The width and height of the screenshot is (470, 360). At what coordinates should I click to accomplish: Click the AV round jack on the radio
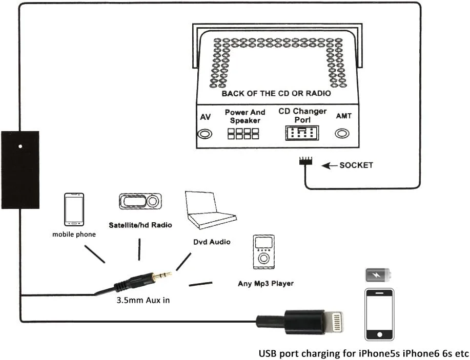pos(205,134)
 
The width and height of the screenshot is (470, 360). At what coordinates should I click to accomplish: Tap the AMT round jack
pos(342,134)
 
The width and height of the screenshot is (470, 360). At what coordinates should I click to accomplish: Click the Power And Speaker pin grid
pos(243,134)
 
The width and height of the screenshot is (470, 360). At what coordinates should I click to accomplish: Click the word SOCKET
pos(356,165)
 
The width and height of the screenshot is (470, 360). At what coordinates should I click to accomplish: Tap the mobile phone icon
pos(74,209)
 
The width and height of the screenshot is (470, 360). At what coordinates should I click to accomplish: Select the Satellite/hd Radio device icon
pos(140,202)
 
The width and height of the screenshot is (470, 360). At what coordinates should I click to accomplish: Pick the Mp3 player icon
pos(263,252)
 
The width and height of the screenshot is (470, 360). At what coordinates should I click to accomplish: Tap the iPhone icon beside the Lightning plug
pos(379,314)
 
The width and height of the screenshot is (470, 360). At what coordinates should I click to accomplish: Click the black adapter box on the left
pos(21,170)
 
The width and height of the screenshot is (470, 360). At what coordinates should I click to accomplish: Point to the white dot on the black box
pos(21,146)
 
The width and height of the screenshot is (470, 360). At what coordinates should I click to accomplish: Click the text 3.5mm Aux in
pos(143,300)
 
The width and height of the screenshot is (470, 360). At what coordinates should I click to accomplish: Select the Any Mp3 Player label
pos(265,283)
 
